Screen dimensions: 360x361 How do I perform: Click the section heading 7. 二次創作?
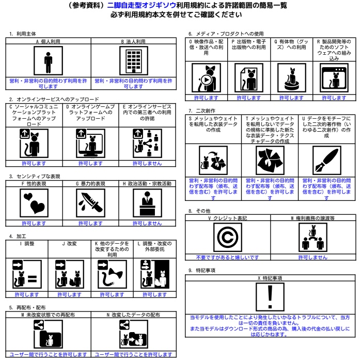coord(202,111)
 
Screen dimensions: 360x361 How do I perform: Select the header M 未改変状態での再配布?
coord(48,314)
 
